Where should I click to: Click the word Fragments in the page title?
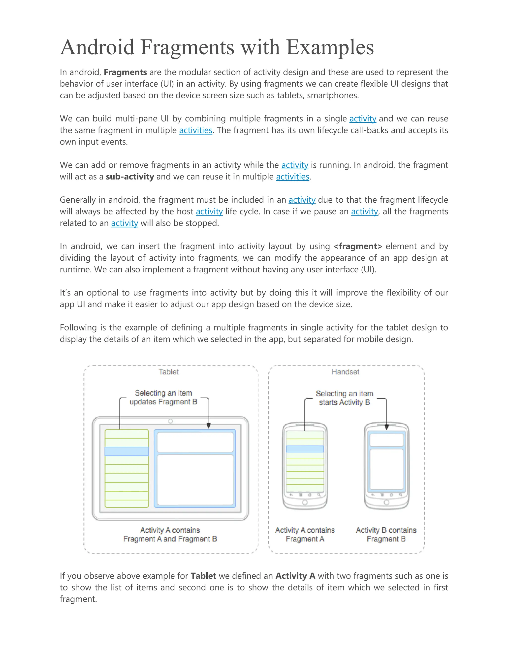[187, 48]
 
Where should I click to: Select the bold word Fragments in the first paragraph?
[125, 72]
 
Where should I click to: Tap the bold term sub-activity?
[130, 177]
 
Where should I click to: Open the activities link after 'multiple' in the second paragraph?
[196, 130]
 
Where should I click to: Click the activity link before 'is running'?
[295, 165]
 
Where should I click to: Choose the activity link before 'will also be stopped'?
[124, 223]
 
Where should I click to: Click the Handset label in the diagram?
[345, 372]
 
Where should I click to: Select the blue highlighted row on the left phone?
[305, 449]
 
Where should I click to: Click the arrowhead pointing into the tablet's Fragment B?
[209, 426]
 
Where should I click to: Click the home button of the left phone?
[305, 502]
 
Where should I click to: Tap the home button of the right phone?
[386, 502]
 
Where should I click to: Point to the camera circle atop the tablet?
[170, 421]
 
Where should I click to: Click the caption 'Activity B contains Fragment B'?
[386, 535]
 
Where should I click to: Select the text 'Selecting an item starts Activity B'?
[344, 398]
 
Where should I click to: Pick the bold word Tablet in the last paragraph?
[203, 576]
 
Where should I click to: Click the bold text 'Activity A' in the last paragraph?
[295, 576]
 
